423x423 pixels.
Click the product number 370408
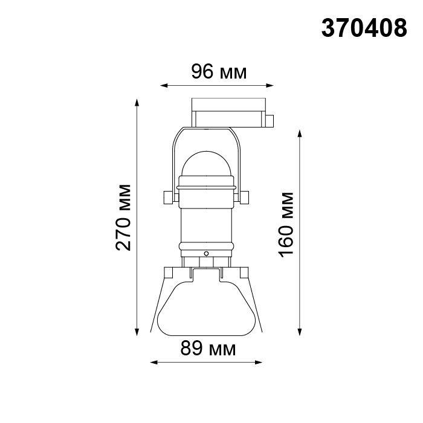(x=364, y=28)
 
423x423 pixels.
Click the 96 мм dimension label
(x=219, y=72)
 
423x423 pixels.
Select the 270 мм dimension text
(x=123, y=218)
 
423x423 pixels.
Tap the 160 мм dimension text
(x=286, y=225)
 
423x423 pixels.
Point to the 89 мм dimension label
(x=208, y=348)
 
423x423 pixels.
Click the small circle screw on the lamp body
(x=206, y=254)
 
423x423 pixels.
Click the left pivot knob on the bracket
(x=168, y=198)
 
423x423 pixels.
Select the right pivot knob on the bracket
(x=244, y=198)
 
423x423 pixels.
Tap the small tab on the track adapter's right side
(x=270, y=121)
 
